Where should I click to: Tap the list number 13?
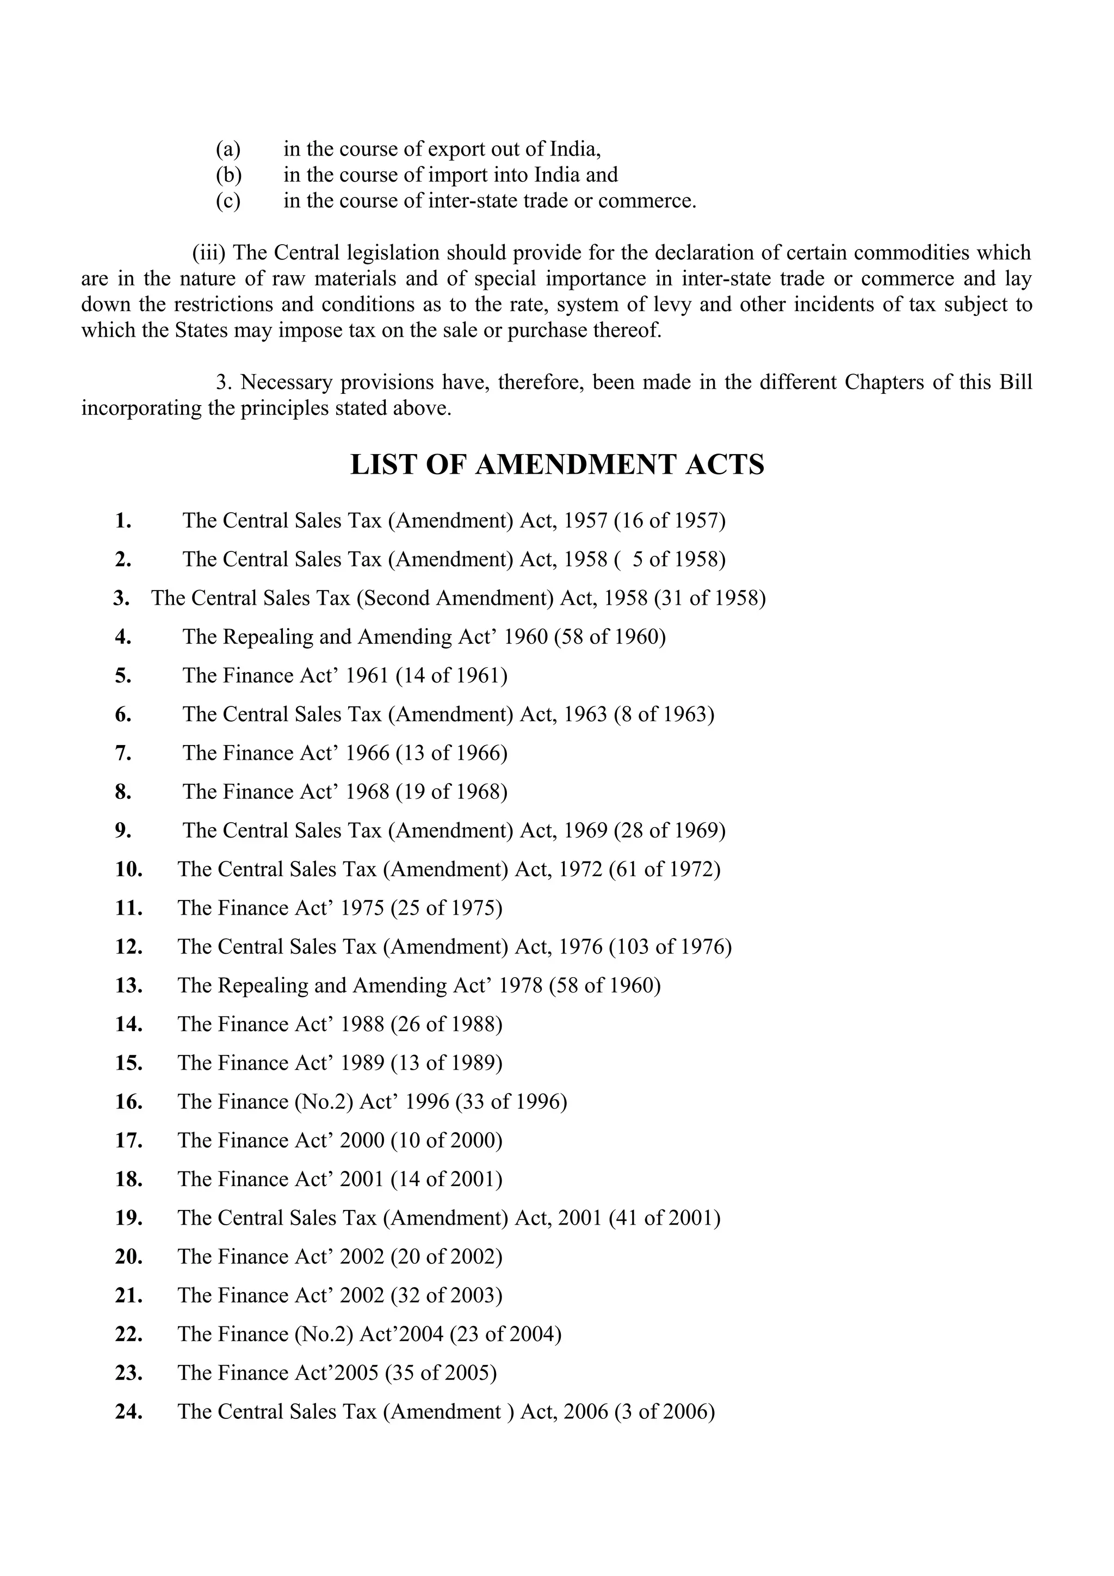point(128,986)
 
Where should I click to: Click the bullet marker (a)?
point(228,149)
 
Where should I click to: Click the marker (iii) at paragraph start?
point(209,252)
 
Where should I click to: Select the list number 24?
point(128,1412)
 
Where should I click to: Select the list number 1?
point(123,521)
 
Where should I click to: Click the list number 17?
point(128,1141)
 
